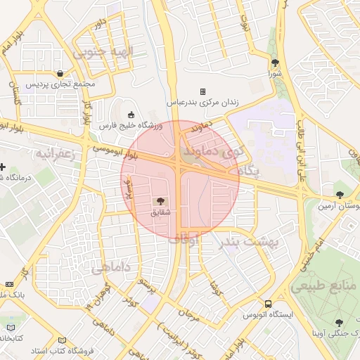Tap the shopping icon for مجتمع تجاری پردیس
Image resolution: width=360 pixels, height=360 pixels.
60,74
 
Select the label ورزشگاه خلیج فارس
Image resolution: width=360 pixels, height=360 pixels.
130,125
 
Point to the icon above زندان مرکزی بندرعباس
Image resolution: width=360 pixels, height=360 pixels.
202,91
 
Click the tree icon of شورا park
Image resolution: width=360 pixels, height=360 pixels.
275,63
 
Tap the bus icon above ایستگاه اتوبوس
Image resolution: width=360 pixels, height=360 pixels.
268,304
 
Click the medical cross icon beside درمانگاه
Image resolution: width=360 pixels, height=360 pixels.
3,167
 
